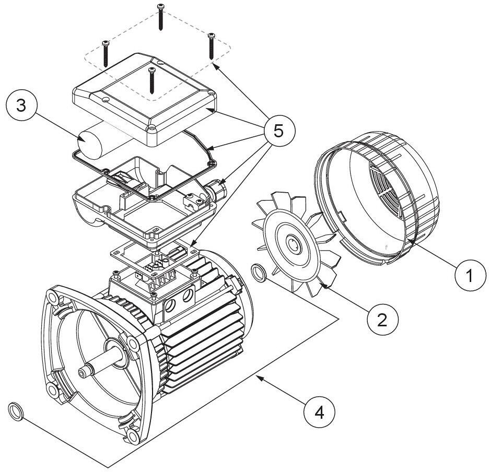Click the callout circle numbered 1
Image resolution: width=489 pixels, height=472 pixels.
(470, 275)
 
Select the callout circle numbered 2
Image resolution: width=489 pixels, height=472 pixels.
(382, 319)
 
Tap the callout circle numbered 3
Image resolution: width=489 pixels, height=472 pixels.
(21, 105)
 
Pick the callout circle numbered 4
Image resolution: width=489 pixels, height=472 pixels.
(319, 413)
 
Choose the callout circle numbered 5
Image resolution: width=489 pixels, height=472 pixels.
(278, 131)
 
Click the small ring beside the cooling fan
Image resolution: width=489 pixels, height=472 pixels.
(259, 273)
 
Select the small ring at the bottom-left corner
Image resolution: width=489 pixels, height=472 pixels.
(16, 411)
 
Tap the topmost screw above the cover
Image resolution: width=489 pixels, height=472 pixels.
(160, 17)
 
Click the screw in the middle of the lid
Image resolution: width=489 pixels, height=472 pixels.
(152, 80)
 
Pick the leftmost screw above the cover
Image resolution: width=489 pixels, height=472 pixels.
(106, 53)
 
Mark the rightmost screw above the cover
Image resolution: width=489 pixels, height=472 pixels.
(212, 46)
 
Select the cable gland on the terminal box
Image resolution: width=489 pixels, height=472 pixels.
(216, 189)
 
